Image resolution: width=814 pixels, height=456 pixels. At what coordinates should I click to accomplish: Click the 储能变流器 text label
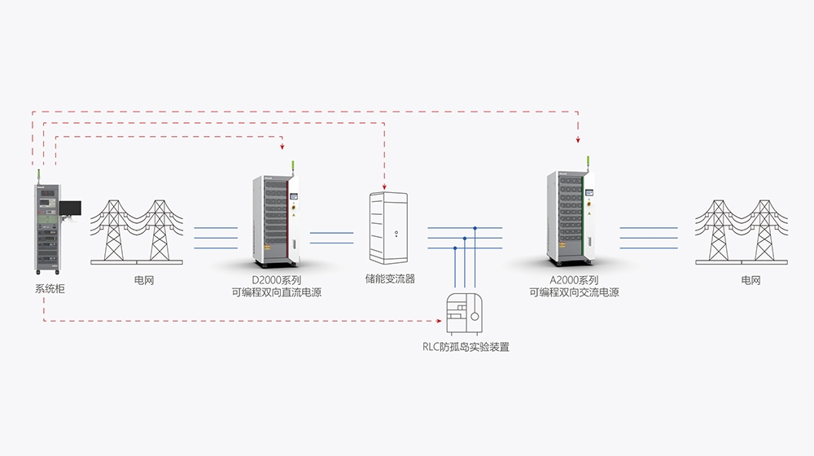[391, 279]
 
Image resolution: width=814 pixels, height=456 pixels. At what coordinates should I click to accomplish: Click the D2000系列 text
[277, 279]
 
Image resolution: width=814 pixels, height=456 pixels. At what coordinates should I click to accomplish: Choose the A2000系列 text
[574, 279]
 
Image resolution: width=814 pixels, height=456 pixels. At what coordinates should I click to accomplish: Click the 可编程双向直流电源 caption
[277, 292]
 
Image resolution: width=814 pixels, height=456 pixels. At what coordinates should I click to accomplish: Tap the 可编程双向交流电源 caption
[574, 292]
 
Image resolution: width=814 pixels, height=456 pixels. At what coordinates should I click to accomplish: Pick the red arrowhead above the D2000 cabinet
[281, 147]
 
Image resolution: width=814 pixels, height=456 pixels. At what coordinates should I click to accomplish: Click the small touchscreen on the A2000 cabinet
[591, 192]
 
